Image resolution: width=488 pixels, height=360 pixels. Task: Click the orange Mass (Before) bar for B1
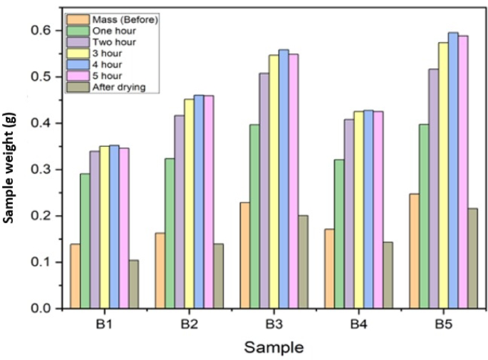75,276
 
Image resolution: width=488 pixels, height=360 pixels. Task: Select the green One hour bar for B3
254,217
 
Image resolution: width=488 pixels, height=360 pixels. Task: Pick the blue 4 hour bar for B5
453,170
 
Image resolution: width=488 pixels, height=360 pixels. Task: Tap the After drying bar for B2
218,276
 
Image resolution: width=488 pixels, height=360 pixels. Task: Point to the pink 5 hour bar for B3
294,181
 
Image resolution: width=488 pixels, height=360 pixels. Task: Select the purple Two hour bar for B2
180,212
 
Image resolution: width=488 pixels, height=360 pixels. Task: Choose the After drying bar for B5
472,259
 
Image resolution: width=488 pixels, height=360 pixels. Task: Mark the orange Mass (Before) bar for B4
329,269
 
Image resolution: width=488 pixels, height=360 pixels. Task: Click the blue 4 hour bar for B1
114,227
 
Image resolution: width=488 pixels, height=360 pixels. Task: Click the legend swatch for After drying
78,87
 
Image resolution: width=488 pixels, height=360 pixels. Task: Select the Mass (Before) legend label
125,20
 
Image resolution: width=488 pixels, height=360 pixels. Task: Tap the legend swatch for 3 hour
78,53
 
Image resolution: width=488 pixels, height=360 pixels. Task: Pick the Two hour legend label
114,42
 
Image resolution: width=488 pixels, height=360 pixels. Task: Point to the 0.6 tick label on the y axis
42,31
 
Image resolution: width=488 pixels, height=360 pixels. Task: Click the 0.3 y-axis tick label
42,170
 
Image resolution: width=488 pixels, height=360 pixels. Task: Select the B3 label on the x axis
274,324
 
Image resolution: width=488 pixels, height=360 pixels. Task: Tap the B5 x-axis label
443,324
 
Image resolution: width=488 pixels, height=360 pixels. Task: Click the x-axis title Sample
274,347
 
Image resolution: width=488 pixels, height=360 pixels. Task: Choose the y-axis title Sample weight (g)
9,168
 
